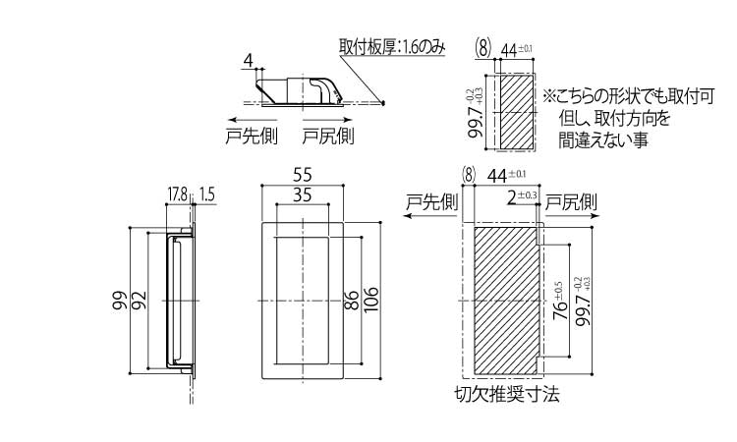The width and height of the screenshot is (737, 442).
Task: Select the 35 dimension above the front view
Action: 303,195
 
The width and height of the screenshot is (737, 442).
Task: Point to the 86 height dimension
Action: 351,301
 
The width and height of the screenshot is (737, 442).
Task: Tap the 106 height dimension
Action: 370,301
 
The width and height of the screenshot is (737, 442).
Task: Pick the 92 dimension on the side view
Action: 139,301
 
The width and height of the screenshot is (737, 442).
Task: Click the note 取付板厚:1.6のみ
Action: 392,46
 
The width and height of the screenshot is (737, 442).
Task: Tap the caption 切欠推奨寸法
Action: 507,397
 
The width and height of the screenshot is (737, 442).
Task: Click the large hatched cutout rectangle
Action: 507,301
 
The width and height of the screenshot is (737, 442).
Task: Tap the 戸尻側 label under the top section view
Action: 327,136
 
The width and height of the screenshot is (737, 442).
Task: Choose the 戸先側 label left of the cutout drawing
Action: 431,202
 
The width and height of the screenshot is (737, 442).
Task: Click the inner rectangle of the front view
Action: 303,299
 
